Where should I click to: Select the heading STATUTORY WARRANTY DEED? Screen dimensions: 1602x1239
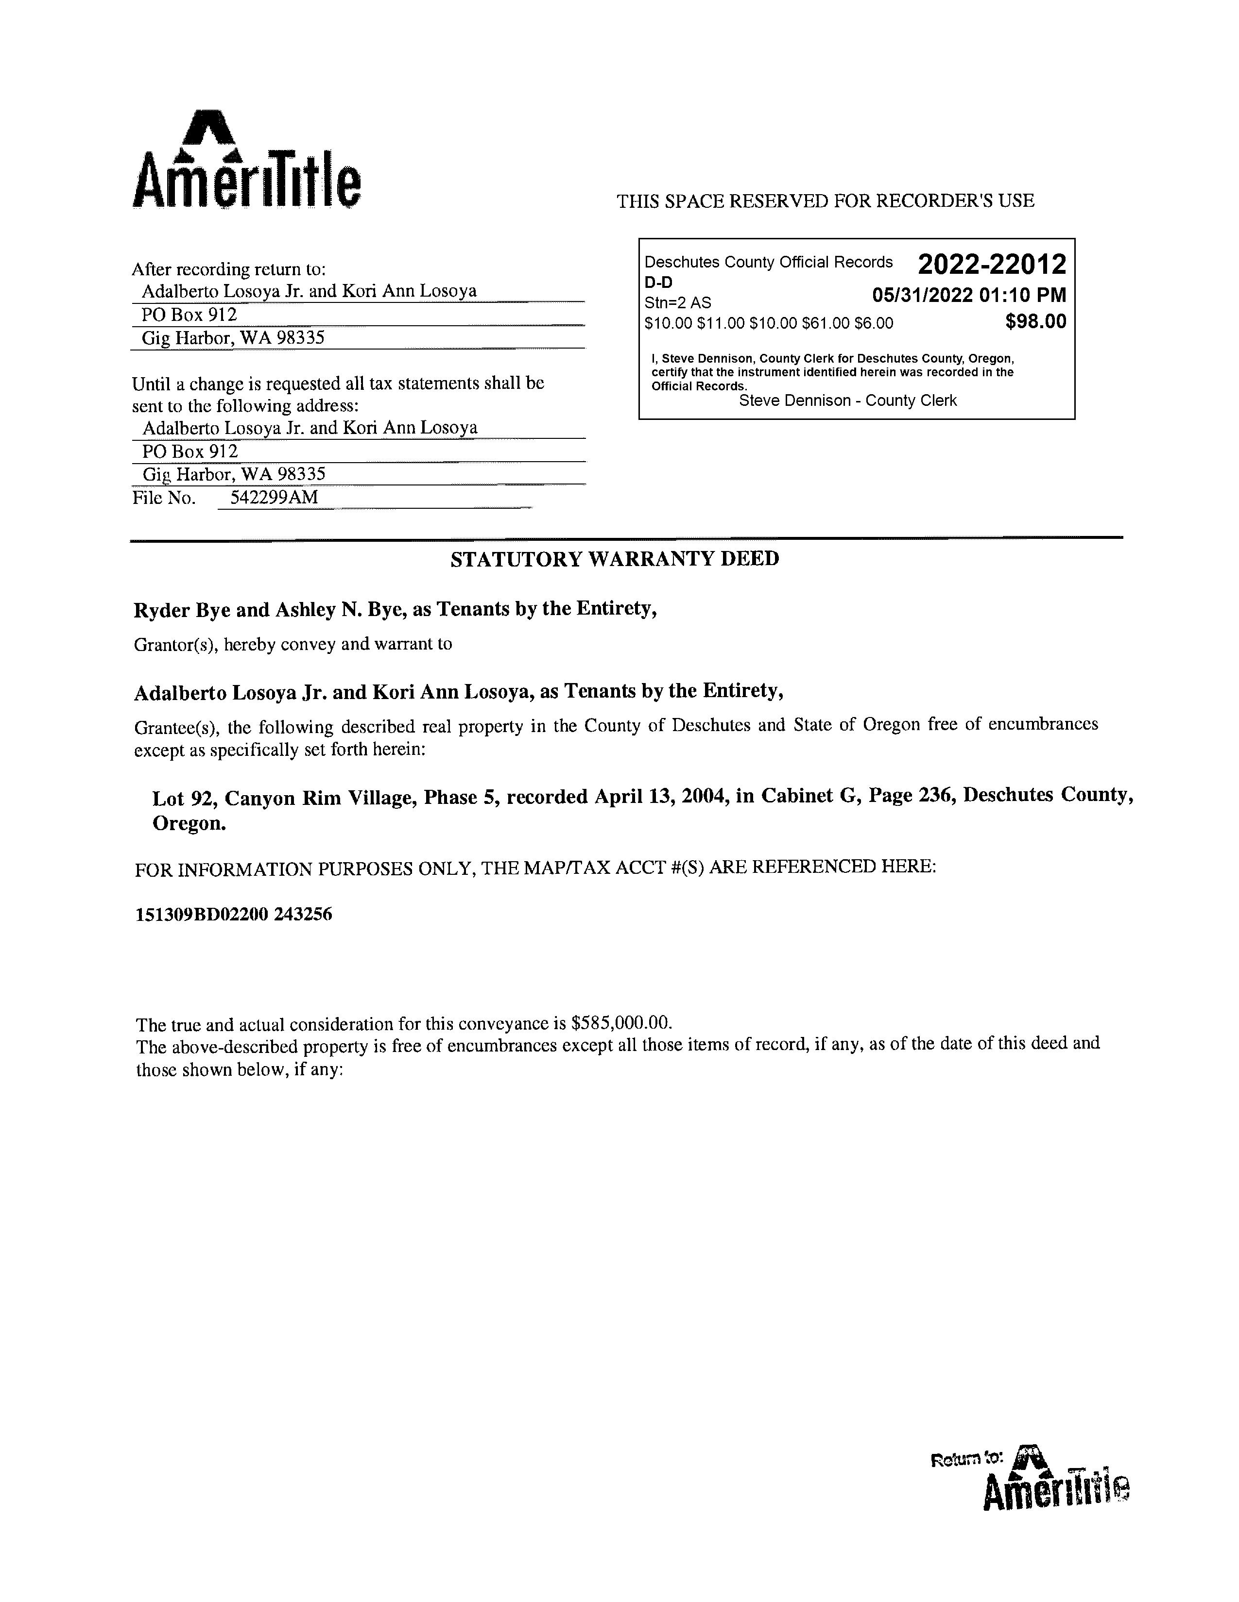pos(614,559)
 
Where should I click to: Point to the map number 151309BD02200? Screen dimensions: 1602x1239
pos(202,914)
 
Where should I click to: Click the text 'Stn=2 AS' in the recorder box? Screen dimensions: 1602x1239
pos(677,302)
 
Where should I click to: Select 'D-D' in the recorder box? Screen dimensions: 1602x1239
pos(658,283)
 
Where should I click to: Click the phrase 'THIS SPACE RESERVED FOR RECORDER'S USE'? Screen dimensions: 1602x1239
pos(825,201)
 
